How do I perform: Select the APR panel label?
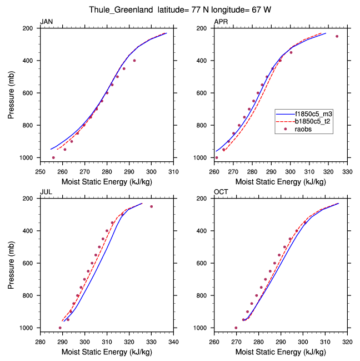pyautogui.click(x=221, y=22)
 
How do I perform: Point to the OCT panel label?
pyautogui.click(x=221, y=193)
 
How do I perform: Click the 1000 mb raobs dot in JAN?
pyautogui.click(x=53, y=157)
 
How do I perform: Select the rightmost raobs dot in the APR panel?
pyautogui.click(x=337, y=36)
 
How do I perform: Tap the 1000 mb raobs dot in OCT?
pyautogui.click(x=236, y=328)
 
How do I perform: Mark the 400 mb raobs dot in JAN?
pyautogui.click(x=134, y=60)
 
